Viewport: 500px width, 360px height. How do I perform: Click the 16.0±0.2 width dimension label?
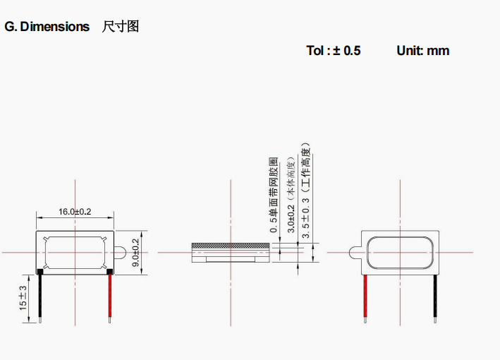75,212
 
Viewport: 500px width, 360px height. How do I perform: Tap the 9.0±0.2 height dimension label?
135,253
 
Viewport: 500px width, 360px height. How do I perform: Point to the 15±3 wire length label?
23,298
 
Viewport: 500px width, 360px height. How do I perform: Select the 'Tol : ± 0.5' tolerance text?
334,51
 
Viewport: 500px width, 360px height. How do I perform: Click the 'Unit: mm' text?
423,51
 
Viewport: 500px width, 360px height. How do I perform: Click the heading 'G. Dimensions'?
47,27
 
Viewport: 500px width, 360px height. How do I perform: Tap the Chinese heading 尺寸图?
120,27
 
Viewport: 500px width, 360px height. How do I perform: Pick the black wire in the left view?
40,297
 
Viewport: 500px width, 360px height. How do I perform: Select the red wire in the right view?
365,299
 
